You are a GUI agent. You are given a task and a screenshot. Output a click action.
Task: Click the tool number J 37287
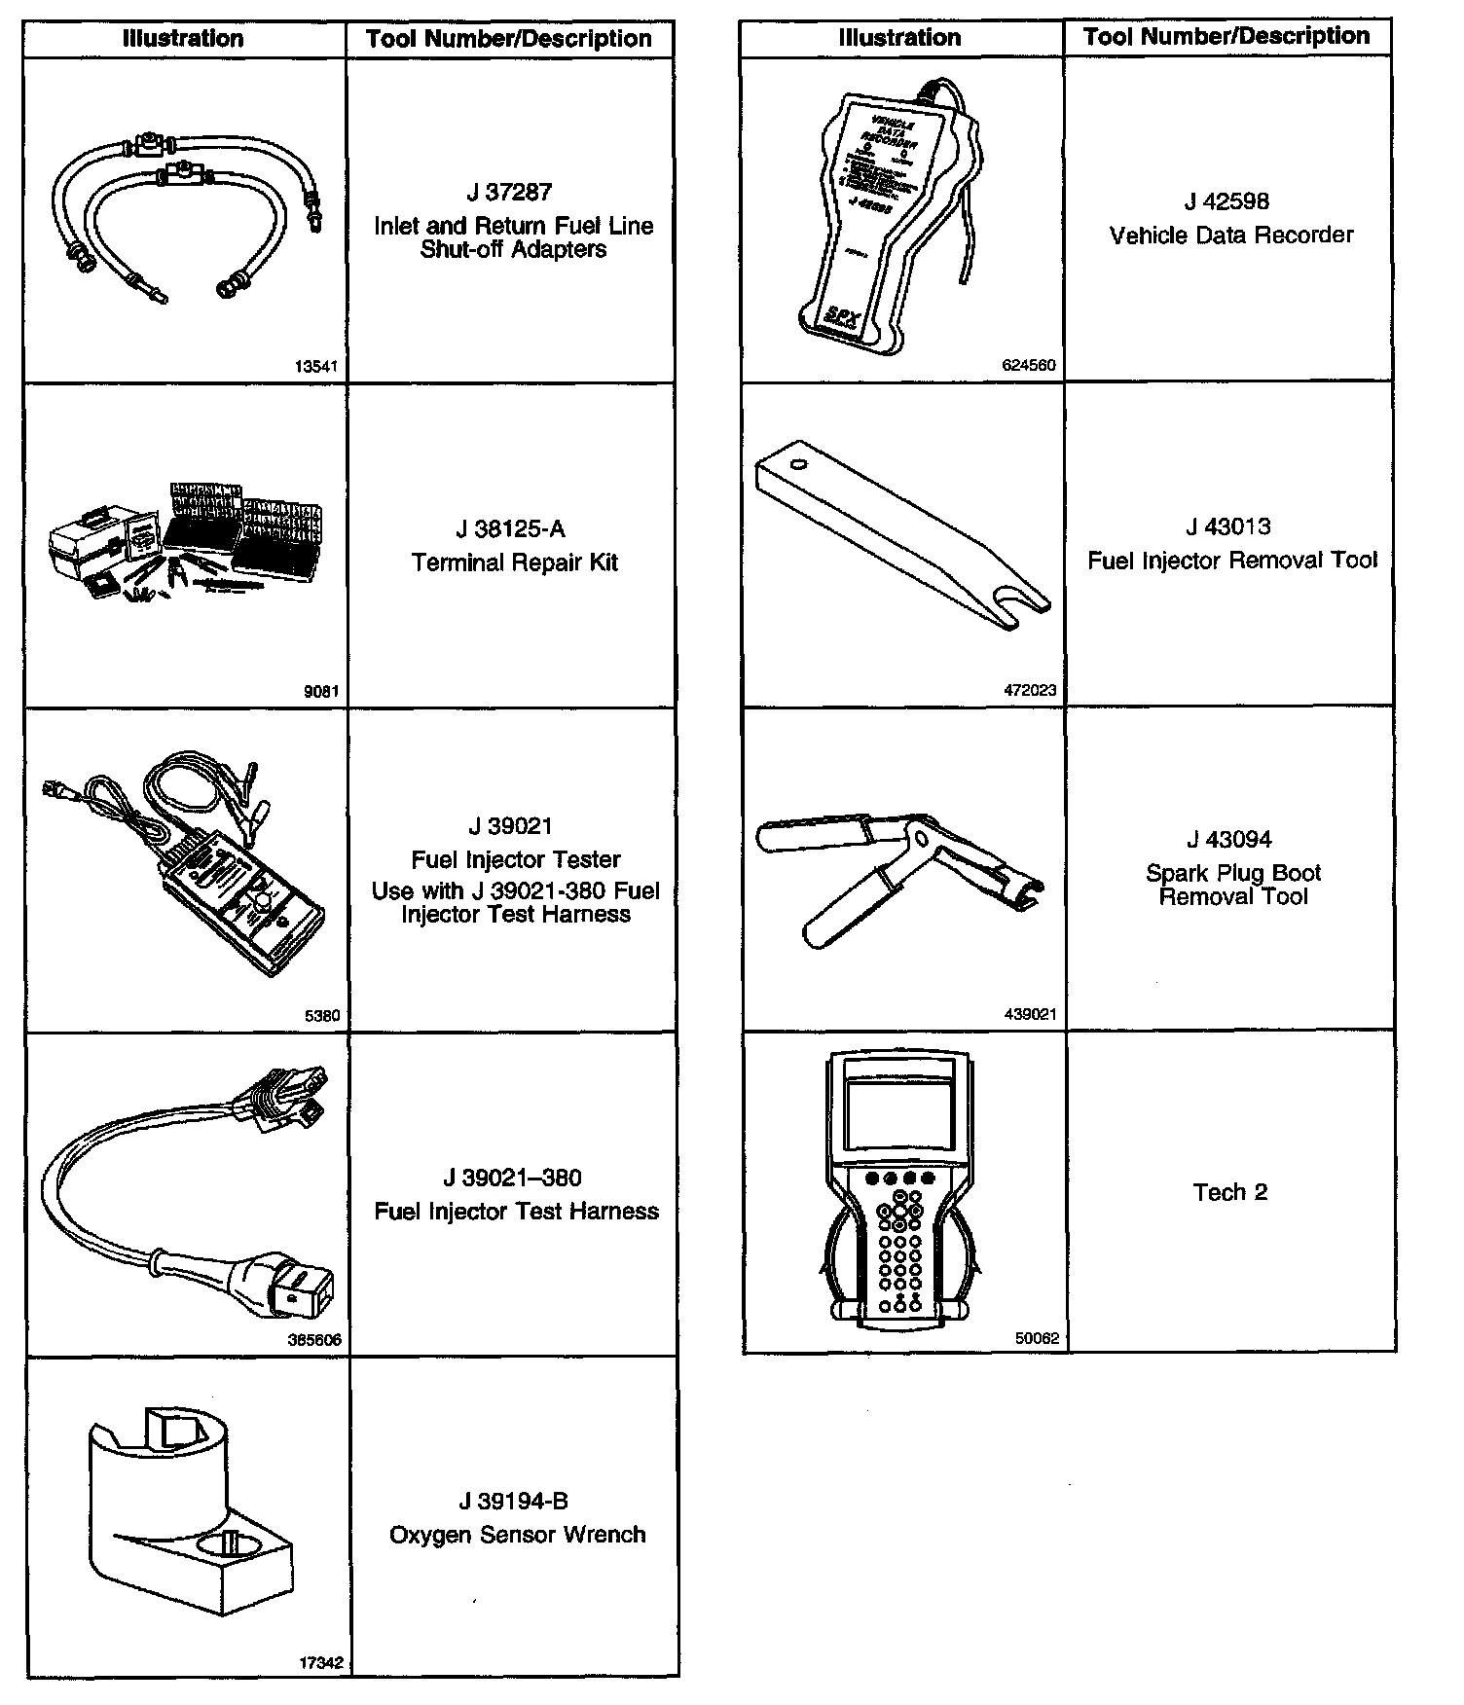point(510,193)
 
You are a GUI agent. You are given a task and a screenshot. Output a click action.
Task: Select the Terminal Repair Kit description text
point(514,562)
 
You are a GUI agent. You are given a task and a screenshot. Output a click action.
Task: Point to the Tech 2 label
point(1230,1193)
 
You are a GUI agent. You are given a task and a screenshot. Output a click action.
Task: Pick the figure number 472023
point(1030,691)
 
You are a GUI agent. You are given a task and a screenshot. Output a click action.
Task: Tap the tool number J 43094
point(1229,840)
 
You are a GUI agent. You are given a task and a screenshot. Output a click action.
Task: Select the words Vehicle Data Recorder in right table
point(1231,236)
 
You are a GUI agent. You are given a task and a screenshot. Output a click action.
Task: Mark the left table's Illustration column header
point(183,39)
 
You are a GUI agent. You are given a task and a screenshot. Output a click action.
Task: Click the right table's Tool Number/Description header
point(1226,37)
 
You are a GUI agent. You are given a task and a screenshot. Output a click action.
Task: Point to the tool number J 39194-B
point(513,1502)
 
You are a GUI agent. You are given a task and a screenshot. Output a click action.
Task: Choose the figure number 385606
point(314,1340)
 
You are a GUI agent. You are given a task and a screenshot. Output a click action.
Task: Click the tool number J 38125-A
point(510,529)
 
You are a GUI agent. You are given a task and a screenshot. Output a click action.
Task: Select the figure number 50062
point(1037,1338)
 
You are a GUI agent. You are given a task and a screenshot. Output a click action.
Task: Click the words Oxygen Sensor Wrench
point(518,1535)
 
